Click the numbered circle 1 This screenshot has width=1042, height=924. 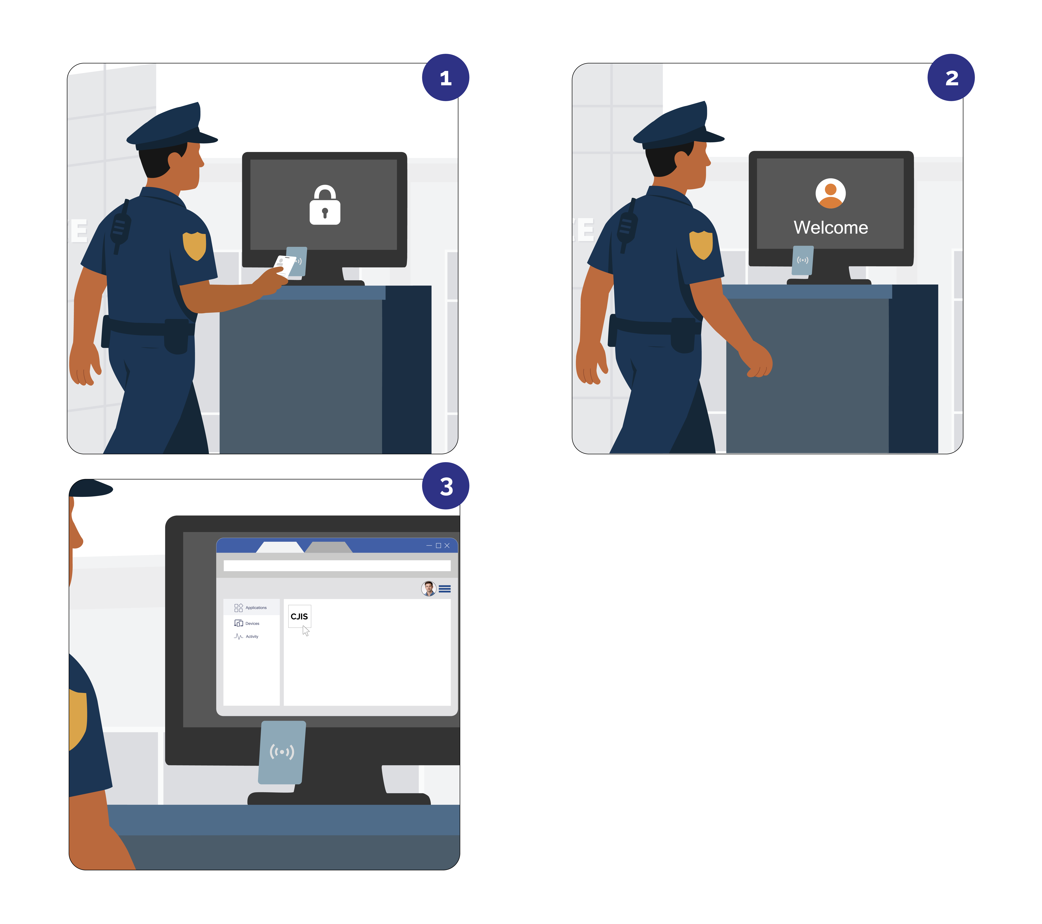pos(446,78)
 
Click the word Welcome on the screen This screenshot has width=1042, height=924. pos(830,227)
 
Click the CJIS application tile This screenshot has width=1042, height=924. pos(299,616)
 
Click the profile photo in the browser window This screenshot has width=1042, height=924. pos(429,589)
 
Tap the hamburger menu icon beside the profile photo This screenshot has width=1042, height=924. pos(445,589)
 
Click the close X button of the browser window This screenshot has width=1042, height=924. pos(447,545)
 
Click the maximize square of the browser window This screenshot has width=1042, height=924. pos(438,545)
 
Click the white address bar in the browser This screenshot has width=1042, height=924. pos(336,566)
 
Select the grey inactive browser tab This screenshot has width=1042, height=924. pos(329,547)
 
